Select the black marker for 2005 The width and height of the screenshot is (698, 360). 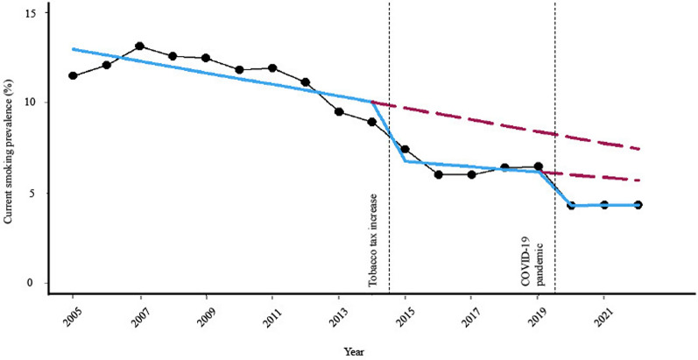point(73,75)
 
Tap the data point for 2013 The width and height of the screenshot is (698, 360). point(339,111)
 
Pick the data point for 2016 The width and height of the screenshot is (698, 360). point(439,174)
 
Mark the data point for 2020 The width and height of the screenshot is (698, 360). point(571,205)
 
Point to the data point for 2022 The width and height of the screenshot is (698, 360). point(638,205)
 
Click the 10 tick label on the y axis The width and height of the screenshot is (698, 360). point(30,102)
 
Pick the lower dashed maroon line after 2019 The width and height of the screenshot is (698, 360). point(604,178)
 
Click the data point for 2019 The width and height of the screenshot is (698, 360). point(538,166)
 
